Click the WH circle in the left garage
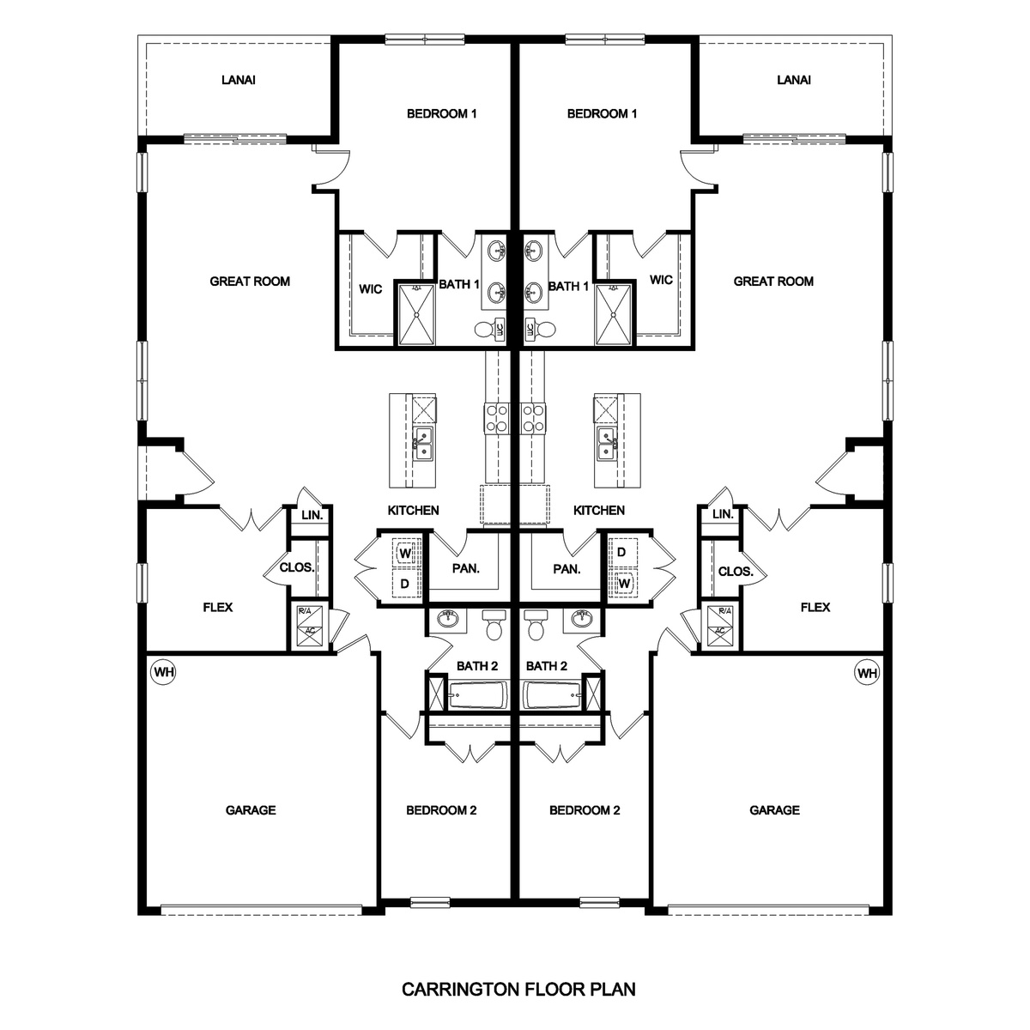click(x=162, y=673)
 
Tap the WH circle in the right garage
click(x=867, y=673)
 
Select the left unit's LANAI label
click(x=238, y=80)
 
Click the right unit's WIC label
click(x=661, y=280)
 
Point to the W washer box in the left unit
click(x=404, y=554)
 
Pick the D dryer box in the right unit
click(x=621, y=553)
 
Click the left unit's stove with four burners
click(x=497, y=418)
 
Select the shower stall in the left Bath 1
click(x=416, y=314)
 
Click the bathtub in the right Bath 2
click(x=551, y=694)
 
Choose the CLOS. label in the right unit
click(x=736, y=572)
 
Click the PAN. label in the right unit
click(x=566, y=568)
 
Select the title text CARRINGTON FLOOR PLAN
click(x=518, y=989)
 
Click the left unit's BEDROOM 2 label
click(x=441, y=809)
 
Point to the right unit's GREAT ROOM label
click(x=773, y=281)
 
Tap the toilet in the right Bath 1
click(x=537, y=329)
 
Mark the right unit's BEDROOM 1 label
click(x=602, y=113)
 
